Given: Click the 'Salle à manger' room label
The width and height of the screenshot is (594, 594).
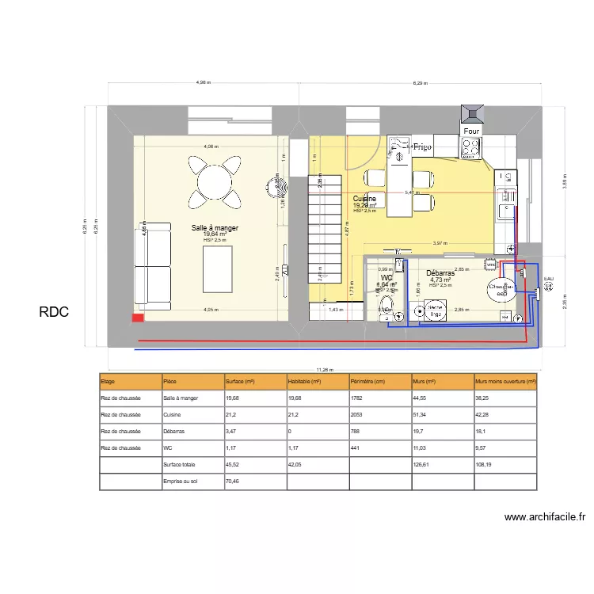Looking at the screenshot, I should tap(215, 228).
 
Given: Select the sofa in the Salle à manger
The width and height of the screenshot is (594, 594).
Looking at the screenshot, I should tap(153, 264).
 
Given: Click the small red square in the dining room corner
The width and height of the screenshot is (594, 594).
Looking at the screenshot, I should tap(138, 318).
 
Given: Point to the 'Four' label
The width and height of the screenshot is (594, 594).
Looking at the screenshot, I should tap(470, 131).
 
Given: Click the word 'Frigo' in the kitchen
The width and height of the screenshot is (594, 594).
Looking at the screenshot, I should tap(421, 147).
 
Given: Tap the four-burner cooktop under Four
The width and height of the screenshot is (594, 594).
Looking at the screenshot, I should tap(470, 147).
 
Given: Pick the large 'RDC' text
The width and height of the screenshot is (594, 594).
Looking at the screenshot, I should tap(54, 312).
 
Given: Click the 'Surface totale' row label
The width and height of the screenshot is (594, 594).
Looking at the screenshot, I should tap(179, 465).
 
